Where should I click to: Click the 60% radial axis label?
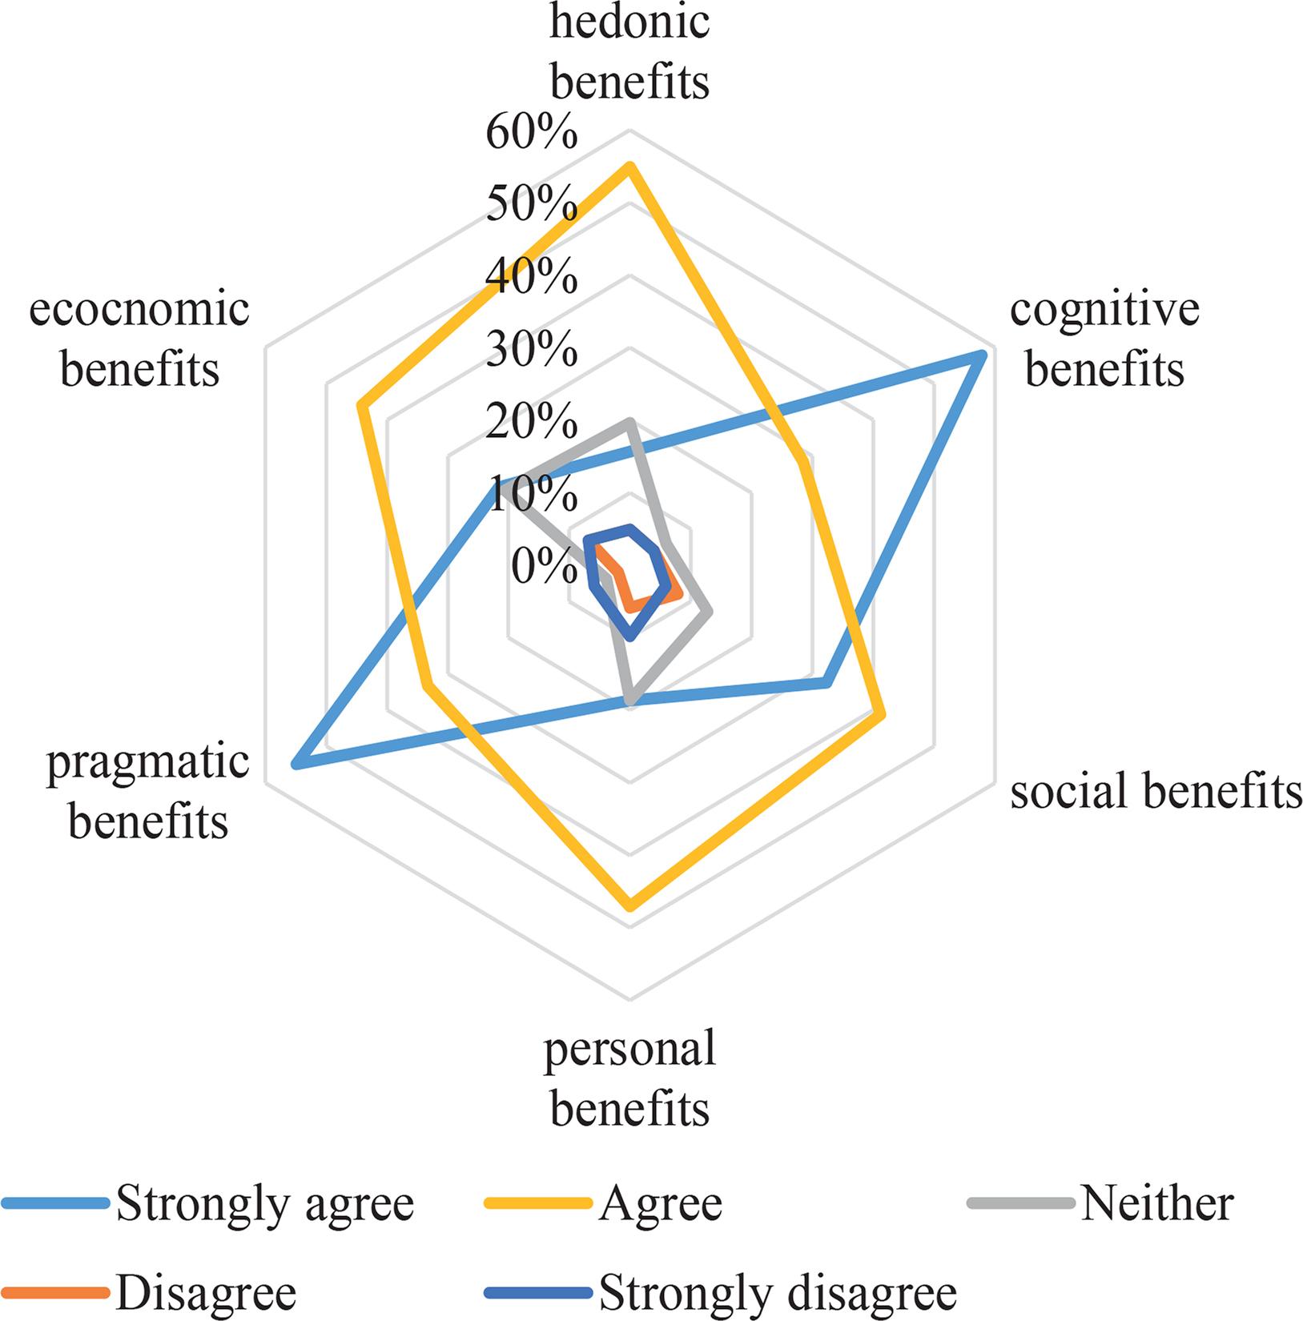[531, 134]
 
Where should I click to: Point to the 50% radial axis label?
[531, 206]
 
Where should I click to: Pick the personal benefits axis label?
[629, 1078]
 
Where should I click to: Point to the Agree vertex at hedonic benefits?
[629, 168]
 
